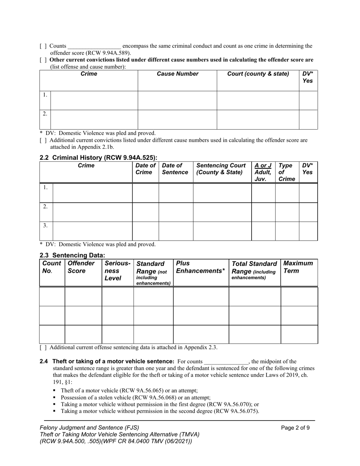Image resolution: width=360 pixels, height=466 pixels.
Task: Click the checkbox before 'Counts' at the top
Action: coord(43,46)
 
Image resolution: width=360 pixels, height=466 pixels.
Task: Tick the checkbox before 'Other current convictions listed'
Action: coord(43,60)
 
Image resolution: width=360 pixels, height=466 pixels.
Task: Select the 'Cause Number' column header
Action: coord(177,74)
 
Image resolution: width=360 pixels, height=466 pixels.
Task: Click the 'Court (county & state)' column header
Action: coord(258,74)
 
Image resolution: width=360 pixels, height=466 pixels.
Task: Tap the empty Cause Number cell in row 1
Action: coord(177,100)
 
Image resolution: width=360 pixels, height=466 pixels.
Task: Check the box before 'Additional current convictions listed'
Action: coord(43,140)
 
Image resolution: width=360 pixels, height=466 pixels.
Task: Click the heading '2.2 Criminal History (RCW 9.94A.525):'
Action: coord(98,158)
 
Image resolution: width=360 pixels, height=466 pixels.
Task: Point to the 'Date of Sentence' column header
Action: coord(175,169)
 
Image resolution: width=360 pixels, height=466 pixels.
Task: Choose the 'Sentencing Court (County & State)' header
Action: coord(221,169)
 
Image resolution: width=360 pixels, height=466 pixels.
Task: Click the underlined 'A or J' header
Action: coord(263,166)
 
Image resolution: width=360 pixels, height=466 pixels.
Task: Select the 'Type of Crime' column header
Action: coord(286,172)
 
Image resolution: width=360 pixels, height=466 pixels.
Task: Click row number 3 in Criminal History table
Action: coord(45,225)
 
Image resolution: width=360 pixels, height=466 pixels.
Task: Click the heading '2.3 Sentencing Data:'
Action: coord(72,255)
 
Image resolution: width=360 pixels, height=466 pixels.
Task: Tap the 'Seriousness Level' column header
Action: coord(117,271)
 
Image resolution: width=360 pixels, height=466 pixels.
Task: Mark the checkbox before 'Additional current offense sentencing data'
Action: coord(43,347)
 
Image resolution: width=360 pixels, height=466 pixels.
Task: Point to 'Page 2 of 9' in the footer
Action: coord(295,428)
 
